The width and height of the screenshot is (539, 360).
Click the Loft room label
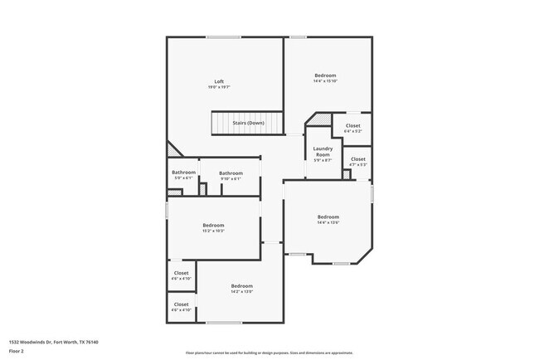point(219,81)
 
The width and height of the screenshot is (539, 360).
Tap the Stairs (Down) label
point(248,123)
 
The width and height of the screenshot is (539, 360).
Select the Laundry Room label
point(322,152)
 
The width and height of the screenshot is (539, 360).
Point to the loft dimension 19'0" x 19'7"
point(219,87)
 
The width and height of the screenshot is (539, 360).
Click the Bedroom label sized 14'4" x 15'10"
point(324,75)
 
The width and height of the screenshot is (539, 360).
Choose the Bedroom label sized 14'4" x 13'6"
point(328,217)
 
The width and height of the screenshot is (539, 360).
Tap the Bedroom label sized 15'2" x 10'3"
point(214,225)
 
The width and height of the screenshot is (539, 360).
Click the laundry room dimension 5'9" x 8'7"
point(322,160)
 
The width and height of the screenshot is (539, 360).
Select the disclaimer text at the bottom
point(269,352)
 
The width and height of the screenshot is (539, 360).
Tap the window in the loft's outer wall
point(224,36)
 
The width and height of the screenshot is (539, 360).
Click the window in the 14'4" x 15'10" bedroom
point(297,36)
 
